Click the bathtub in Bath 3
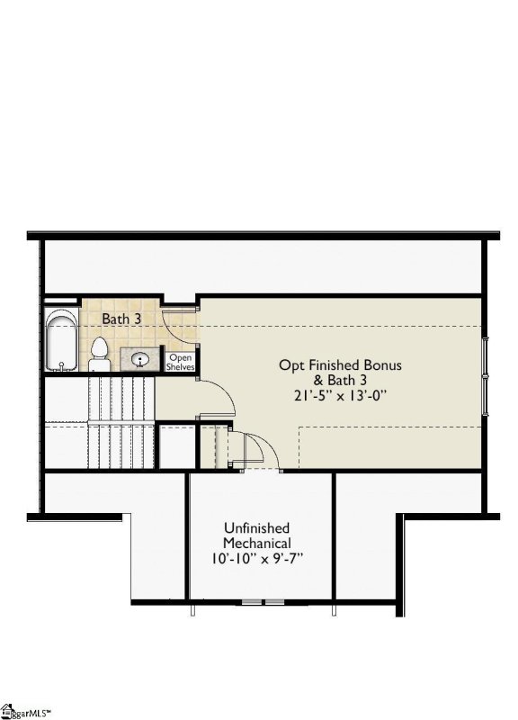click(x=61, y=342)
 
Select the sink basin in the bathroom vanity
click(x=141, y=360)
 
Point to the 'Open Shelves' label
click(x=180, y=362)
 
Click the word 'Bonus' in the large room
click(x=381, y=365)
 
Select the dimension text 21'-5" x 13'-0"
click(x=340, y=394)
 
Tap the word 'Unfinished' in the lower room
click(x=256, y=528)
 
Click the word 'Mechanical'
click(x=256, y=544)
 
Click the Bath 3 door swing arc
click(x=180, y=326)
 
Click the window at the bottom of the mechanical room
click(x=263, y=600)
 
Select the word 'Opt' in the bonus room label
click(x=290, y=365)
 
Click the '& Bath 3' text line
click(x=340, y=380)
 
